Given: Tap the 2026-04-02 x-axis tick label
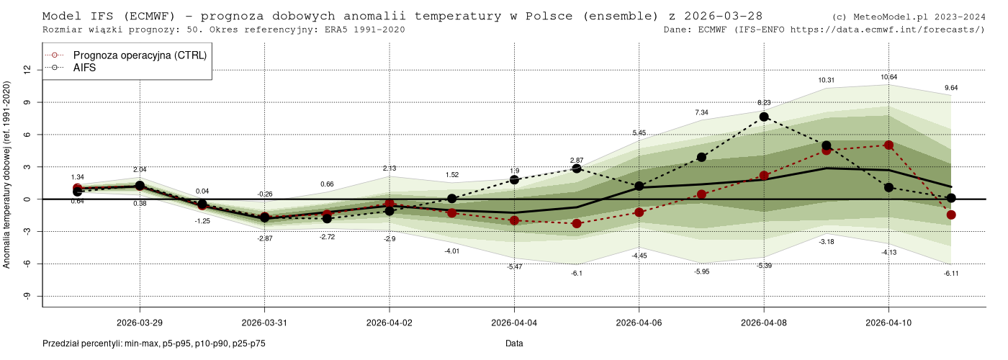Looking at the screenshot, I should point(390,323).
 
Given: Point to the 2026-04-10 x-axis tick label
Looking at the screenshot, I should point(888,323).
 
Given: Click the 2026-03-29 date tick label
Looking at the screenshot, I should point(140,323).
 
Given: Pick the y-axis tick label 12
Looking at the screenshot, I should point(27,70).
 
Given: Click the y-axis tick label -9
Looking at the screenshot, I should point(27,296).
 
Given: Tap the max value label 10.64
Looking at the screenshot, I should point(888,77).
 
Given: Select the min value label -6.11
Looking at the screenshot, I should point(951,274).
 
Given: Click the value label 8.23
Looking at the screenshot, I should point(764,103).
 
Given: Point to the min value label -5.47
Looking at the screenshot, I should point(514,267).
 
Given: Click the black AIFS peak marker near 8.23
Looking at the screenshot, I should point(764,117).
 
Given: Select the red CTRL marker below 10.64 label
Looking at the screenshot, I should point(888,145).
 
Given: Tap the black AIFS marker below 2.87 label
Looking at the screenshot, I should point(577,168).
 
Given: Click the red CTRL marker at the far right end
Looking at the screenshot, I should point(951,215).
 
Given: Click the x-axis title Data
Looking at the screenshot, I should point(514,343).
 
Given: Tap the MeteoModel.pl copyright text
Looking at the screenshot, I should point(908,17).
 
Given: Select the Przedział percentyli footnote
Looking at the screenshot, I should point(154,343).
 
